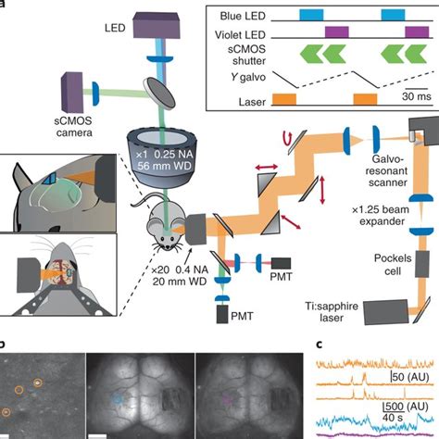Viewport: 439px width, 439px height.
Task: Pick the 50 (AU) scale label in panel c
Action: coord(408,377)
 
